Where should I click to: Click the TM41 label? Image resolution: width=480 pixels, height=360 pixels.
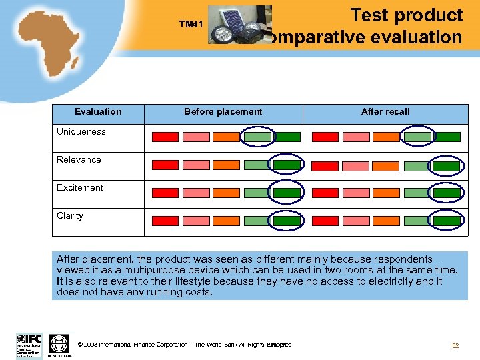[191, 25]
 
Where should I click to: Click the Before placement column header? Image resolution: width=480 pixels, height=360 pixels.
[223, 111]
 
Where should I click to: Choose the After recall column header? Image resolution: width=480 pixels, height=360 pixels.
[385, 111]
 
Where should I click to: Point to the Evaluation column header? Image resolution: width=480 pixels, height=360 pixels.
[98, 111]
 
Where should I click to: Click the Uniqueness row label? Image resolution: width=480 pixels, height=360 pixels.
[81, 131]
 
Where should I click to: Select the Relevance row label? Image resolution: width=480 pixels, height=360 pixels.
[79, 159]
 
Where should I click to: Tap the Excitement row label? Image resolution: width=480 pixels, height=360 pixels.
[80, 187]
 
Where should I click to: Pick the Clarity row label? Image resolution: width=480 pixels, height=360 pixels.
[70, 215]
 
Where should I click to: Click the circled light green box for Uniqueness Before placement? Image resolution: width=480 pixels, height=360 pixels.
[257, 137]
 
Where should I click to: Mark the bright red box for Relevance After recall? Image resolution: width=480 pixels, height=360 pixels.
[325, 165]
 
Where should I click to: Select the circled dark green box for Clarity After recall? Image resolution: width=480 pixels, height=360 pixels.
[446, 220]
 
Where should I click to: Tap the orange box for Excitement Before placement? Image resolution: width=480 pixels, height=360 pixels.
[226, 193]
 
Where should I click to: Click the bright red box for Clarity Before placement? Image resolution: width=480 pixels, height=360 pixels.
[165, 221]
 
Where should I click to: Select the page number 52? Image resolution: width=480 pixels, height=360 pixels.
[455, 345]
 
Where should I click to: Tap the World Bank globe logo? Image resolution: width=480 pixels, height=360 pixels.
[59, 345]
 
